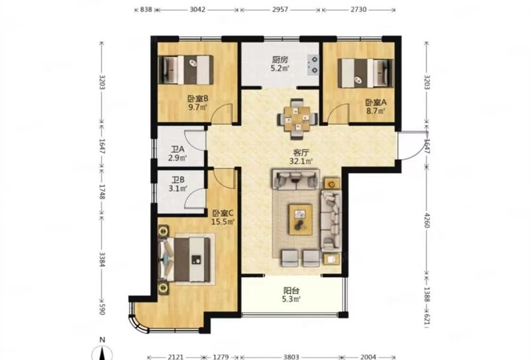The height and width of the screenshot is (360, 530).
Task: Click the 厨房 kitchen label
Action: point(280,60)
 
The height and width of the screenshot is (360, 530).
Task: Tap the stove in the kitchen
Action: point(313,64)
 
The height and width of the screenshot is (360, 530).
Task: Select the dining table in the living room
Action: point(297,119)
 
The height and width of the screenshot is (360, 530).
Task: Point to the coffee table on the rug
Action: point(300,219)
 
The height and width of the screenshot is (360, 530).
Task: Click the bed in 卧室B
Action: point(186,70)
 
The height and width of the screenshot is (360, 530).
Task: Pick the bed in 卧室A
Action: point(366,74)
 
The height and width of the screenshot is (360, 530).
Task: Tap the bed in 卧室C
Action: point(184,259)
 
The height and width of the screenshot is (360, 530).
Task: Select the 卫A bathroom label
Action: point(178,150)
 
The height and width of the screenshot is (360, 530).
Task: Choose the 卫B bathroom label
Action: point(178,180)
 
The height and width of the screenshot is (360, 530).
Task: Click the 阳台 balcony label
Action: point(291,290)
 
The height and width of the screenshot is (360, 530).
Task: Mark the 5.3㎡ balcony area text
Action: point(291,299)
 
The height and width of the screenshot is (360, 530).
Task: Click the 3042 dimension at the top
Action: point(197,9)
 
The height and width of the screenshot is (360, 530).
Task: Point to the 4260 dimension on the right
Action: point(427,220)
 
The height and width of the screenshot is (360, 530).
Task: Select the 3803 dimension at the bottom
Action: point(291,357)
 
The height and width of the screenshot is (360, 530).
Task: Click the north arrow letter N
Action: point(103,340)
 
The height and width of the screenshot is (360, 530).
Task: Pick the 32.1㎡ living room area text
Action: point(301,161)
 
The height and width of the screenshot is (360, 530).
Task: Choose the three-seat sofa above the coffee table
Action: point(295,179)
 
